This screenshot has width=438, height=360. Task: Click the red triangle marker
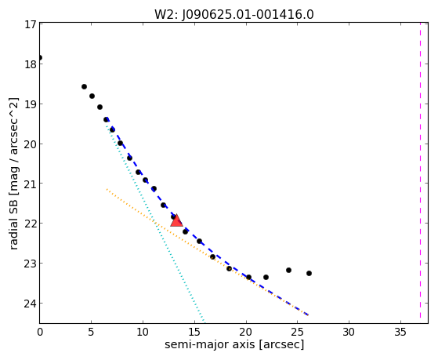point(176,220)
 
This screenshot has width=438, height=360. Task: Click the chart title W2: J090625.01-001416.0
point(234,14)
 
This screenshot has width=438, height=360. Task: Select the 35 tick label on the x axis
point(400,332)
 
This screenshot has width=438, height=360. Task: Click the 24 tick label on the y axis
point(31,304)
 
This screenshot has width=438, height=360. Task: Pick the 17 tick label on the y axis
point(31,24)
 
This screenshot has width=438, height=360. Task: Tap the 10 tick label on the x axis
point(143,332)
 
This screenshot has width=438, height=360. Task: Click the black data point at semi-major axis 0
point(40,57)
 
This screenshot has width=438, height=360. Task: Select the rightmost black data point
point(309,273)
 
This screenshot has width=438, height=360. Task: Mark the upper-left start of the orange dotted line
point(107,189)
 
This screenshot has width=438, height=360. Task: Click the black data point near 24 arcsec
point(288,271)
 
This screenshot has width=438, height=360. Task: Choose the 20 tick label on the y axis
point(31,144)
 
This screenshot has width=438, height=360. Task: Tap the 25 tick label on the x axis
point(298,332)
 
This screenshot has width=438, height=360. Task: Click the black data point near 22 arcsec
point(266,277)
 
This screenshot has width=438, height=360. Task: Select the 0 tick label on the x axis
point(40,332)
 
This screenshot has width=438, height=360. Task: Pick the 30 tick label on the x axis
point(349,332)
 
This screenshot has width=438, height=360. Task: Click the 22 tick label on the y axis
point(31,224)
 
